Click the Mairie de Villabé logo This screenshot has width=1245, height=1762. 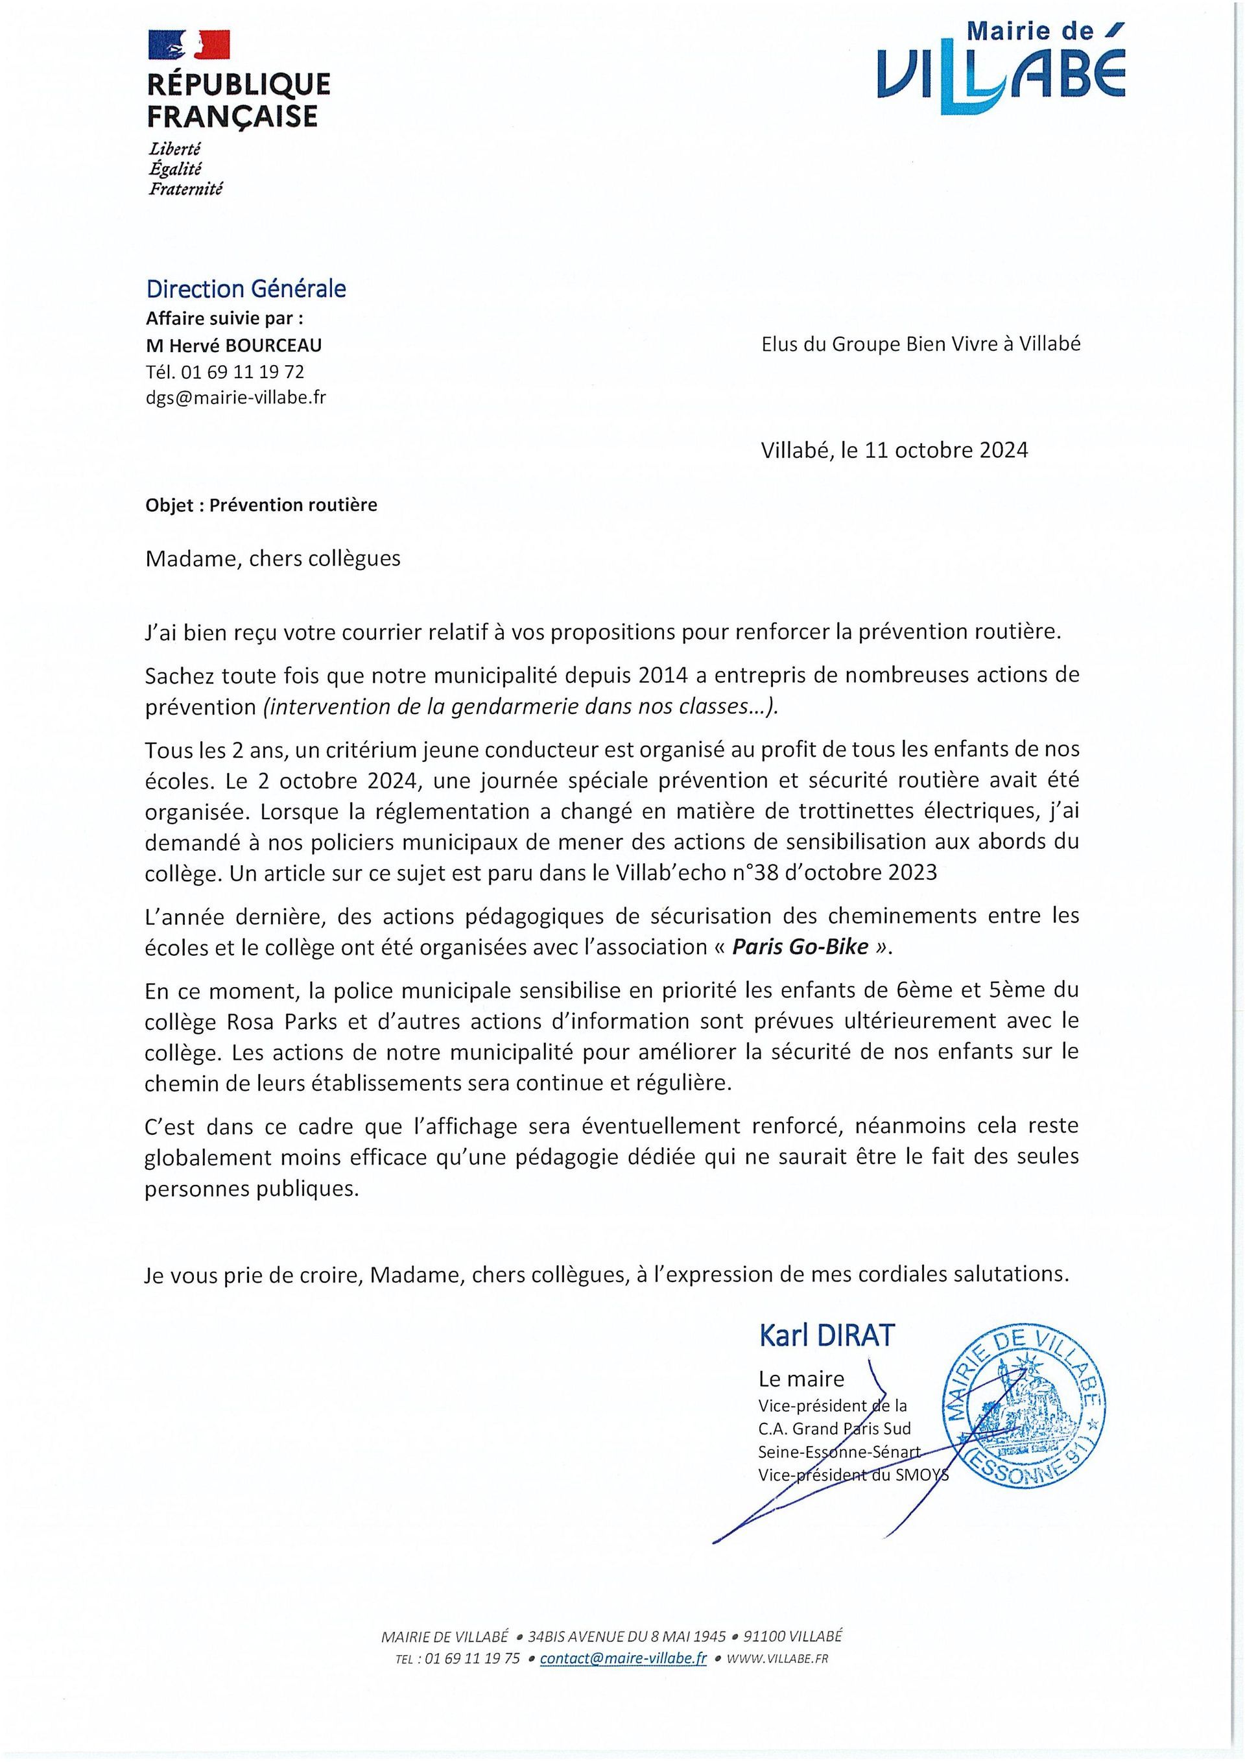(x=1002, y=69)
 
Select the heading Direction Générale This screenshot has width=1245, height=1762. (x=246, y=289)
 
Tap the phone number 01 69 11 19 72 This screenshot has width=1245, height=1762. (x=241, y=372)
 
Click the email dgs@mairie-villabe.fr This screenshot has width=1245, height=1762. (x=235, y=398)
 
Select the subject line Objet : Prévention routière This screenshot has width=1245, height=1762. (x=261, y=505)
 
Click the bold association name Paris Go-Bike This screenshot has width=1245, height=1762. (x=800, y=946)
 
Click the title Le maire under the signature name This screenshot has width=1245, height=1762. (x=801, y=1379)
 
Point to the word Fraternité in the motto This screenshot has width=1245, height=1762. (x=185, y=189)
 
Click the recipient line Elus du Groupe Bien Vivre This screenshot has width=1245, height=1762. (x=920, y=344)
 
